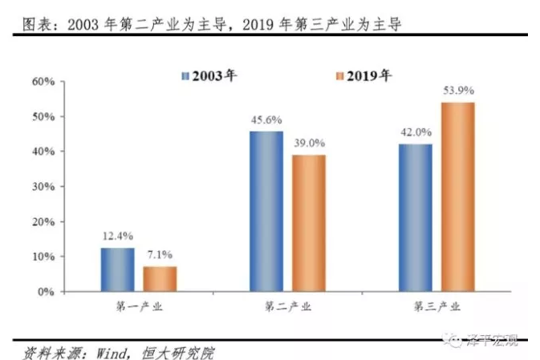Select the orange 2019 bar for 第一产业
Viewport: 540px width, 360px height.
160,278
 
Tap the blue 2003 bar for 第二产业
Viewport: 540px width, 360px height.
266,211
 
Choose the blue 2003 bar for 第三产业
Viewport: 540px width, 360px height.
415,217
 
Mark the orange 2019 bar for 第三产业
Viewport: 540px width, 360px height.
457,196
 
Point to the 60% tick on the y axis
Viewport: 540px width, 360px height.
43,82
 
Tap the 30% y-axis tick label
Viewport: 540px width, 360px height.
43,187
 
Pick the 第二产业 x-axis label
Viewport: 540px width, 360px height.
287,306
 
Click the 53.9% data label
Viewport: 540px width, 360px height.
458,90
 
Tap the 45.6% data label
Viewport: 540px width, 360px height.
266,119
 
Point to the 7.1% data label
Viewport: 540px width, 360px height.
160,255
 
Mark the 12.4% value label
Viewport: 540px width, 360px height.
117,237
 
